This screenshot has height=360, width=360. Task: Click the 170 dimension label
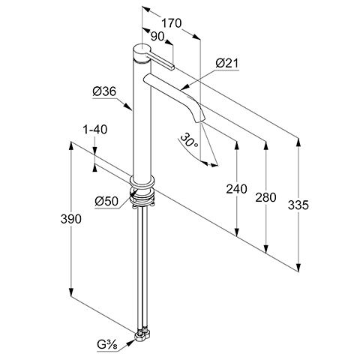[171, 23]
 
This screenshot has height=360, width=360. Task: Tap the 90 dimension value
[157, 37]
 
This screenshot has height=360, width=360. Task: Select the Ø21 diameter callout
[227, 64]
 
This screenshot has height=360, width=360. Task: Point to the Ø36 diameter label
[104, 91]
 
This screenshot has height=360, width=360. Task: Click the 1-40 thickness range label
[95, 130]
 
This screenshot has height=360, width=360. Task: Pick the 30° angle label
[189, 140]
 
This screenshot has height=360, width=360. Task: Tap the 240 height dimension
[236, 189]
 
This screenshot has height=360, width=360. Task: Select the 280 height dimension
[265, 197]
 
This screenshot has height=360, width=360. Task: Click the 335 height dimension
[298, 205]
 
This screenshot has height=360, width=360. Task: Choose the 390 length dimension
[71, 219]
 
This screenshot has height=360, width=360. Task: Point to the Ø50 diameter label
[106, 201]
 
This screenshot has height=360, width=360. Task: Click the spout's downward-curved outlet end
[199, 121]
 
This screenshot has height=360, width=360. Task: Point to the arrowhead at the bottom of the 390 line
[71, 292]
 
